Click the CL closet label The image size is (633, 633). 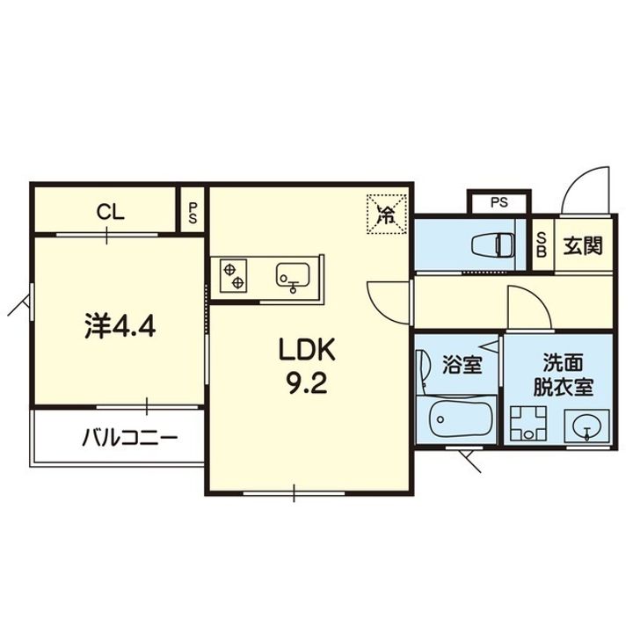coord(110,212)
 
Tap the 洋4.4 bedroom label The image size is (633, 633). coord(120,326)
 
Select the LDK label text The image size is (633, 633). coord(307,351)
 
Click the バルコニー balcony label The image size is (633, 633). coord(129,438)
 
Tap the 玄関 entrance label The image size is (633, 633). coord(583,245)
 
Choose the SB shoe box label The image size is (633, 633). coord(542,244)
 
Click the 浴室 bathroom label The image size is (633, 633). coord(462,365)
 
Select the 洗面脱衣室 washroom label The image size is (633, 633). coord(564,375)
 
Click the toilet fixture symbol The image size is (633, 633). coord(493,244)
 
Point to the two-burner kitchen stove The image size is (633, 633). coord(233,275)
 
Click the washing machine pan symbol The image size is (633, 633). coord(528,423)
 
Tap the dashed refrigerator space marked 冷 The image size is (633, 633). coord(386,215)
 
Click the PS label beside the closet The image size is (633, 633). coord(193,213)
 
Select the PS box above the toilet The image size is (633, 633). coord(499,203)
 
